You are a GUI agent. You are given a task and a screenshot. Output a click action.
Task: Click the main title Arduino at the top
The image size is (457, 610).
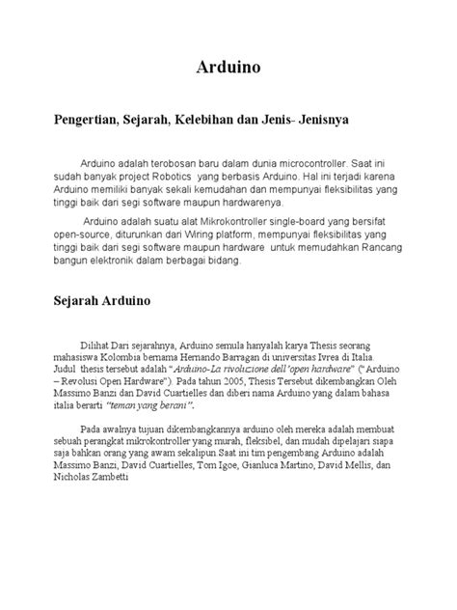(x=228, y=69)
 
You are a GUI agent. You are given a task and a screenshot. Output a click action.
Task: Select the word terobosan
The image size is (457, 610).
(x=170, y=165)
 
